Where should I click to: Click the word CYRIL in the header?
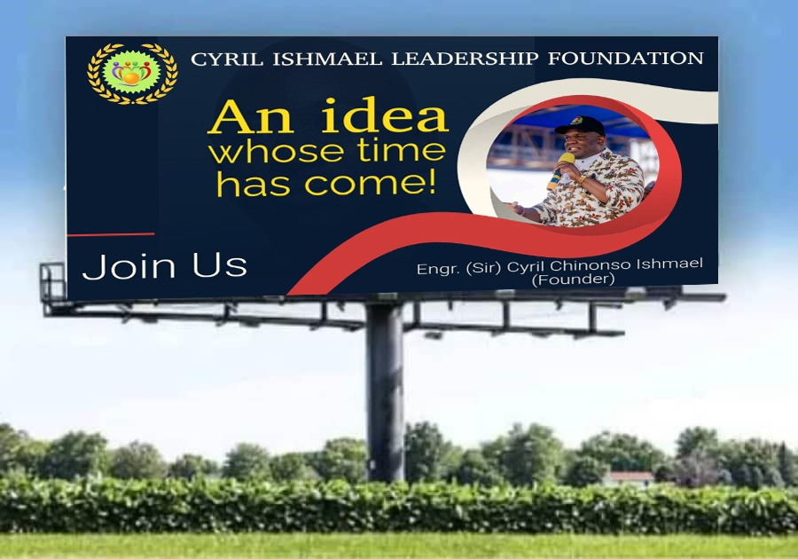pyautogui.click(x=227, y=59)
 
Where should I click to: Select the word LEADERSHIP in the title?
pyautogui.click(x=465, y=59)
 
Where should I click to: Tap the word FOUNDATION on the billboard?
pyautogui.click(x=625, y=58)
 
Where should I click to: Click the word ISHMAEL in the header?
pyautogui.click(x=327, y=59)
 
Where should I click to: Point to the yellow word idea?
pyautogui.click(x=385, y=116)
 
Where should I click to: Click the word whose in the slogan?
pyautogui.click(x=276, y=152)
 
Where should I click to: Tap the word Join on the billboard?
pyautogui.click(x=129, y=266)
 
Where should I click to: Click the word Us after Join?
pyautogui.click(x=219, y=265)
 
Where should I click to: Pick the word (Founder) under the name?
pyautogui.click(x=573, y=279)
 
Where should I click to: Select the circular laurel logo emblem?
pyautogui.click(x=132, y=74)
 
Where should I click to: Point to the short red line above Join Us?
pyautogui.click(x=111, y=235)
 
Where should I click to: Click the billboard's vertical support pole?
pyautogui.click(x=385, y=392)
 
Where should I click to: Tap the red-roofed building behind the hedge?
pyautogui.click(x=630, y=477)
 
